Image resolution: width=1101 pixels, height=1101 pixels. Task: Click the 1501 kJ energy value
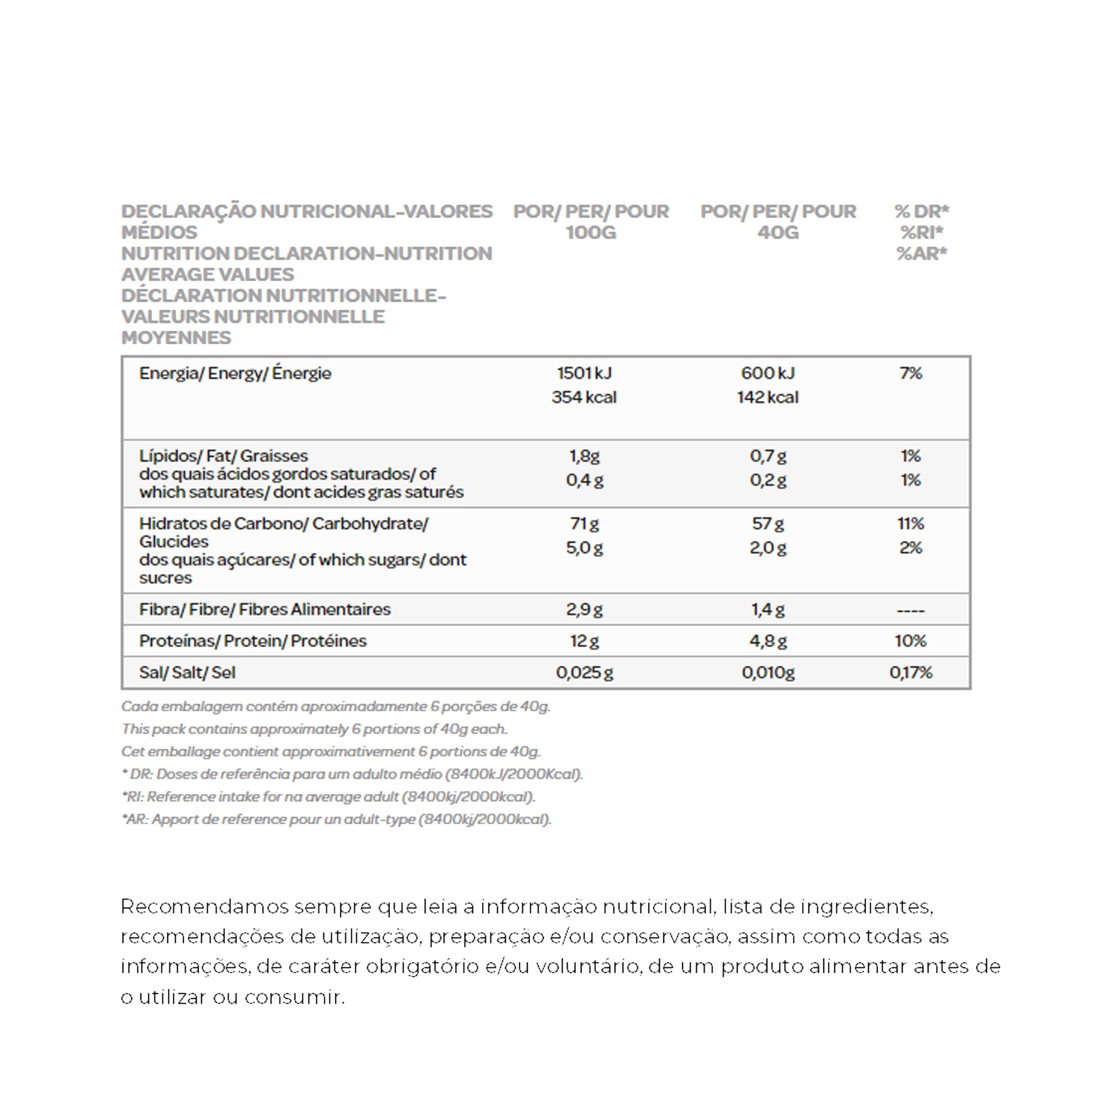584,373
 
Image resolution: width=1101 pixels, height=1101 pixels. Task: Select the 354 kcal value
584,397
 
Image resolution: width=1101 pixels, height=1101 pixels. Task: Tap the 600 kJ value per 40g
767,373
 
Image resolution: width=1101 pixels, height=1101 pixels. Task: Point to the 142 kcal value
767,397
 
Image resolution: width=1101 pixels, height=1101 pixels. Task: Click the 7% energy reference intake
911,373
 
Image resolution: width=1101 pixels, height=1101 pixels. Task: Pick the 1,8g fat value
584,456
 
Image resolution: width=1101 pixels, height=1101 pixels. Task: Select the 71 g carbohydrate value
584,524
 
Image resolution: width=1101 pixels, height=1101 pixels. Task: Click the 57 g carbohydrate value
767,524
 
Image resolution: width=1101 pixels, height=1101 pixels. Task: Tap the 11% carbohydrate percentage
911,524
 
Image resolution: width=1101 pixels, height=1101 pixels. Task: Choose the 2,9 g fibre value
584,610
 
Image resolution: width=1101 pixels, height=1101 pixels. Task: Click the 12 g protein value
584,641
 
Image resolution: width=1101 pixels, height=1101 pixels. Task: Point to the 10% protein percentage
911,641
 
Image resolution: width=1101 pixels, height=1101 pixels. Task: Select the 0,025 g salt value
584,673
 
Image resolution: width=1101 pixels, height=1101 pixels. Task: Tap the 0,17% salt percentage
911,673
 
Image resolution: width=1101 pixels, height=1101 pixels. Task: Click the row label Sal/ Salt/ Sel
187,673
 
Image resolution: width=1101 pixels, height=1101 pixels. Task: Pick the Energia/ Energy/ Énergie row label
235,373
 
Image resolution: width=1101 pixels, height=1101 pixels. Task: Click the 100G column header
591,233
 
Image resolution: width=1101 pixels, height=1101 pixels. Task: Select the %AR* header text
922,253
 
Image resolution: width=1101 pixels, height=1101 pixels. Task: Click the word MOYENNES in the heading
176,338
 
